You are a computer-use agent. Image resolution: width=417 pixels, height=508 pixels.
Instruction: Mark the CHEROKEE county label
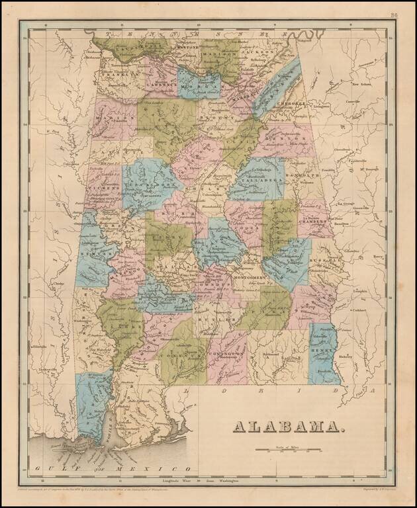point(291,104)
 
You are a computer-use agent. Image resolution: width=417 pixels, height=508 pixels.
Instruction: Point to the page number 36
point(394,15)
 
